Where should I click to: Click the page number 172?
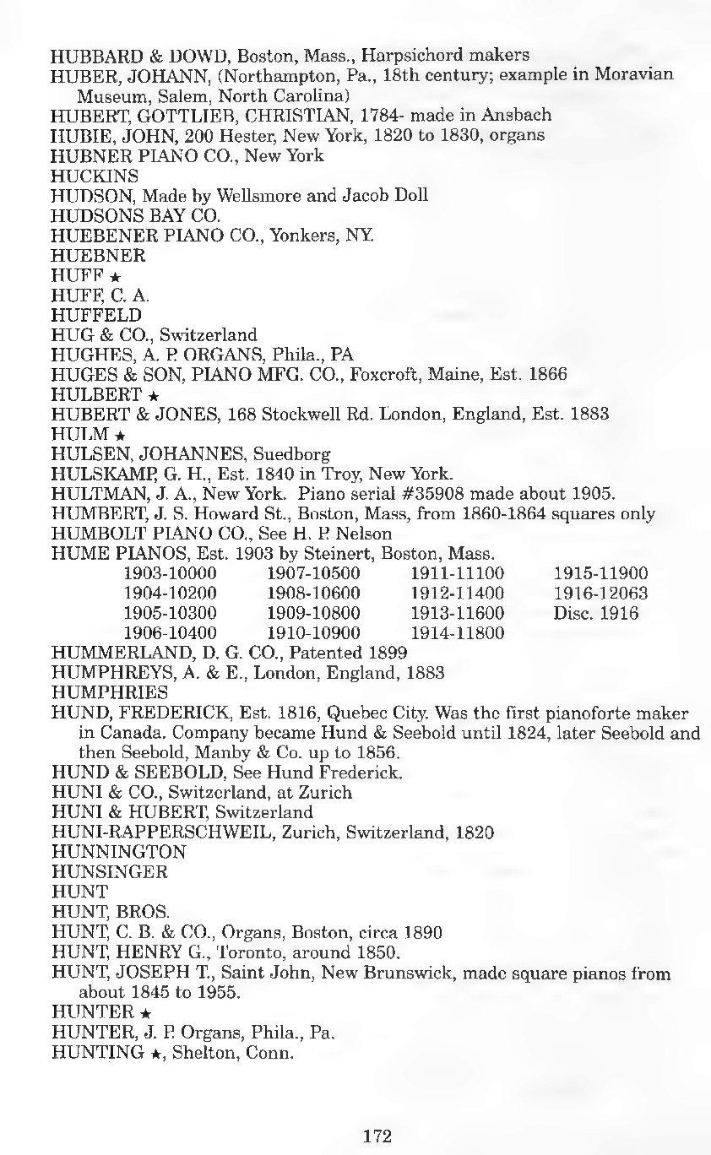(x=377, y=1136)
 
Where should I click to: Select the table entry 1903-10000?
(x=170, y=573)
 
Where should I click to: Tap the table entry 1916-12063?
(x=600, y=594)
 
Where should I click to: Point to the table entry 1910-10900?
(x=313, y=633)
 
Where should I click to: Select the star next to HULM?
(x=120, y=436)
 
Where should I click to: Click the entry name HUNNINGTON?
(x=118, y=852)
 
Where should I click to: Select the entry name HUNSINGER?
(x=110, y=871)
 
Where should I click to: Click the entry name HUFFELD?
(x=96, y=315)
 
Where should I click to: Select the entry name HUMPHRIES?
(x=110, y=693)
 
